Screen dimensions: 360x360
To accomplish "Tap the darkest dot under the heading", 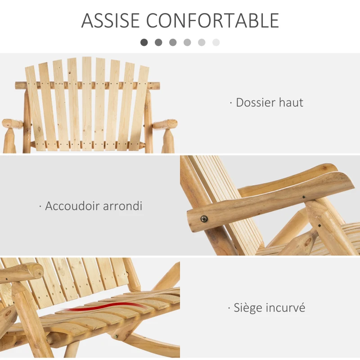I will click(x=144, y=42).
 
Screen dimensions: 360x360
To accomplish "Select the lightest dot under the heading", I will click(x=216, y=42).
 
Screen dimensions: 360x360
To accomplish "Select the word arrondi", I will click(x=122, y=206).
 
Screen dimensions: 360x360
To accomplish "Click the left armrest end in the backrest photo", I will click(x=12, y=123).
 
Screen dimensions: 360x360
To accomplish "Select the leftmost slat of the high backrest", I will click(x=35, y=108).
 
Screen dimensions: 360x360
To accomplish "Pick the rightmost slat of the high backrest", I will click(x=140, y=108).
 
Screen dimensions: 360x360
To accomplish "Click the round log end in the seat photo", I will click(x=31, y=271).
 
